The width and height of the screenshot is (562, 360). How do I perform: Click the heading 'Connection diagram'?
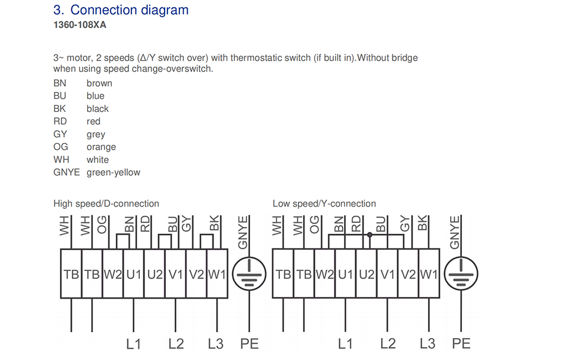tap(129, 10)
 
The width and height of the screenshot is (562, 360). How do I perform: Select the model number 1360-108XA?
tap(80, 25)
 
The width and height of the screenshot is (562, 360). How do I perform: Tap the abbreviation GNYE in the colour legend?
tap(67, 172)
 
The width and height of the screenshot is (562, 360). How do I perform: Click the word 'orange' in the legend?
tap(101, 147)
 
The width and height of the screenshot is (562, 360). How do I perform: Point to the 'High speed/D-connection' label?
tap(106, 203)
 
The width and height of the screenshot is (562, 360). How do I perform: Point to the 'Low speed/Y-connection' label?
tap(324, 203)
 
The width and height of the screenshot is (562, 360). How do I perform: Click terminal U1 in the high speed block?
tap(134, 274)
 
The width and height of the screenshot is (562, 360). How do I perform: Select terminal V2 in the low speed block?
tap(408, 274)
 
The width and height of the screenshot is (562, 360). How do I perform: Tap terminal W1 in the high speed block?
tap(217, 274)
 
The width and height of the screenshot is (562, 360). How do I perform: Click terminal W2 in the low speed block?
tap(325, 274)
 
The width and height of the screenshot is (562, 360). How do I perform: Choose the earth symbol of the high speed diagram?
tap(250, 274)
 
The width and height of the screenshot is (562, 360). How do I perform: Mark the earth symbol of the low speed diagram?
tap(461, 274)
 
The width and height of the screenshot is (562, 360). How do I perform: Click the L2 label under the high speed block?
tap(176, 344)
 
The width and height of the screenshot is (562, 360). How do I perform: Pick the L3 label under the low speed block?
tap(428, 344)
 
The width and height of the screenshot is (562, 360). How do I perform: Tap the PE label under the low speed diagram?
tap(461, 344)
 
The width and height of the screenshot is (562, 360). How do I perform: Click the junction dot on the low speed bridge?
tap(370, 235)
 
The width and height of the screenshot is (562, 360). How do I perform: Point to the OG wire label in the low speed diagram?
tap(314, 225)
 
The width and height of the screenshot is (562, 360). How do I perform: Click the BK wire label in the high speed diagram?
tap(214, 223)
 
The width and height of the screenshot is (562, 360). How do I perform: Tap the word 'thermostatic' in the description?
tap(256, 58)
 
